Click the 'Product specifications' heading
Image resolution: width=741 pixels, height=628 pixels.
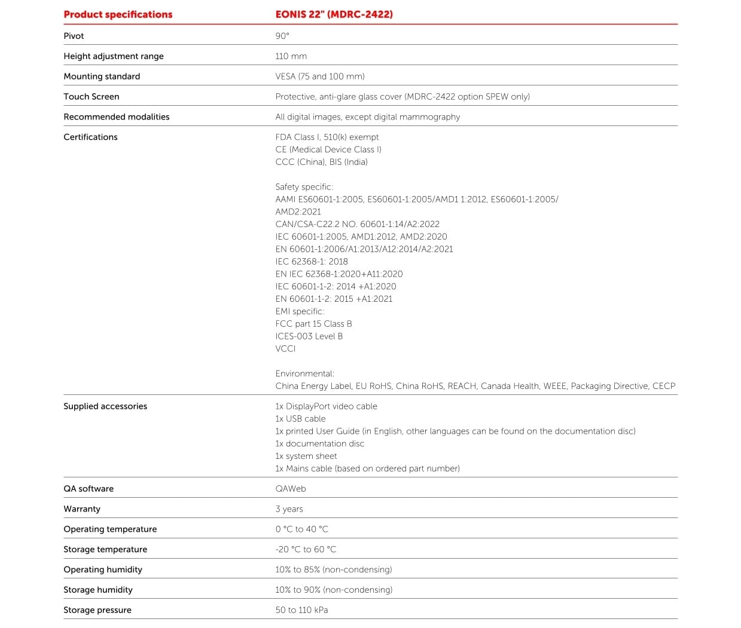(x=118, y=14)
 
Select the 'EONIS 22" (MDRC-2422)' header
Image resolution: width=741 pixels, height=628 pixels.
(x=334, y=14)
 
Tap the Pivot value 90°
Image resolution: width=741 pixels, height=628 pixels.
(x=282, y=36)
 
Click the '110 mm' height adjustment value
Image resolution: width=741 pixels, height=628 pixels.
(x=291, y=56)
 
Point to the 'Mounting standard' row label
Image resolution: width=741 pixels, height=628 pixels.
(x=102, y=76)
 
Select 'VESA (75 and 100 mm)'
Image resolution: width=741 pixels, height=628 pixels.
(x=320, y=76)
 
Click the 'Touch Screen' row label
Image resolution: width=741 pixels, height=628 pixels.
(x=92, y=97)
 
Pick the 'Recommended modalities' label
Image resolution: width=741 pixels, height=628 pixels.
(x=117, y=117)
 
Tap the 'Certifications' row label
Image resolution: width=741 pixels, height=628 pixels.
(x=90, y=137)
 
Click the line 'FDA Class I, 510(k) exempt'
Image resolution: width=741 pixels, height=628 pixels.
(x=327, y=137)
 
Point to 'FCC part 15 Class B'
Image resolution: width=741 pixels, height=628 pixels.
(x=313, y=324)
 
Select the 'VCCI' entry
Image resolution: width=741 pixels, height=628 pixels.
(x=285, y=349)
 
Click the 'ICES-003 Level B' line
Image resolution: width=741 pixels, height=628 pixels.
(x=309, y=336)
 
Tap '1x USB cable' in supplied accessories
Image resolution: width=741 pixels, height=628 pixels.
(x=300, y=419)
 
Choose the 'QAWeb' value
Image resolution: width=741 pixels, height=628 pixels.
(x=291, y=489)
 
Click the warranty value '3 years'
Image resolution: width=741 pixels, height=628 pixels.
(x=289, y=509)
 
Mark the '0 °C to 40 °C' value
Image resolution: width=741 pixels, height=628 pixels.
(x=301, y=529)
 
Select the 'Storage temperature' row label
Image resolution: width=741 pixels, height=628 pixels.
(x=105, y=550)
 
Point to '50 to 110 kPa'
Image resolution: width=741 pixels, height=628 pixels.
(x=301, y=610)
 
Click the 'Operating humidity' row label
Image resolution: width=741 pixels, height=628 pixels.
(x=103, y=569)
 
